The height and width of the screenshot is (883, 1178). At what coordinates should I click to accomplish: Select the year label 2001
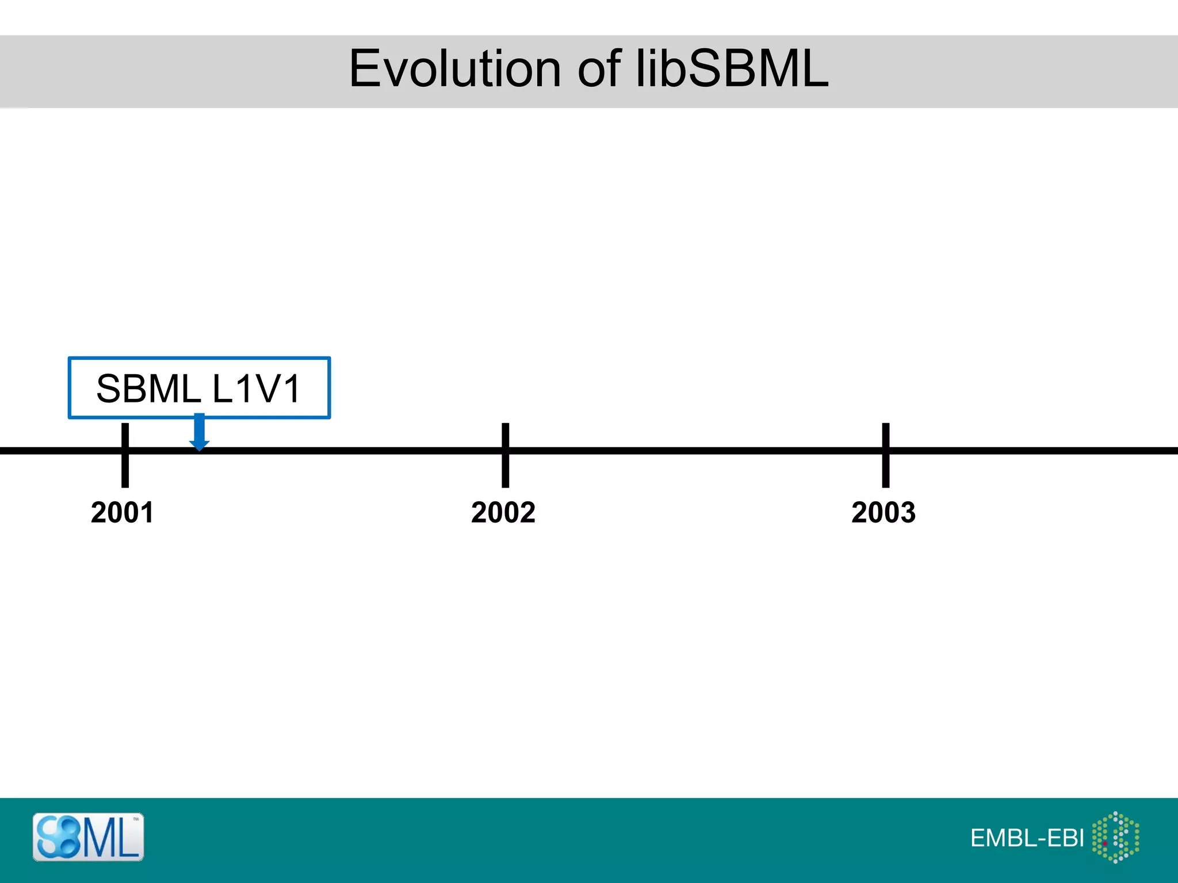click(123, 512)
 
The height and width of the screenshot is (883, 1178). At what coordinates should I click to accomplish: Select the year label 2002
click(503, 512)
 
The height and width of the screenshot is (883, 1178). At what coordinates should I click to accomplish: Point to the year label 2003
click(883, 512)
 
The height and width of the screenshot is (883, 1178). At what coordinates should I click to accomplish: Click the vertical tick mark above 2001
click(125, 455)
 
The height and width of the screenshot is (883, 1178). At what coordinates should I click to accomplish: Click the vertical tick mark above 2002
click(505, 455)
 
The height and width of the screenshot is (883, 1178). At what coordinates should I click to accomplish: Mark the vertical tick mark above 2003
click(886, 455)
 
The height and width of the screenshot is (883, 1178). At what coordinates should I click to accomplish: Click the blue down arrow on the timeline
click(199, 432)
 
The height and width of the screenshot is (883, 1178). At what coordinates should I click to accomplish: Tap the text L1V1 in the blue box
click(257, 389)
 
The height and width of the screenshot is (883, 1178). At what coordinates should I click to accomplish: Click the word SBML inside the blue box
click(148, 389)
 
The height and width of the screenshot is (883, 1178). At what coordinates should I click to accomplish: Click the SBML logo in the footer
click(88, 837)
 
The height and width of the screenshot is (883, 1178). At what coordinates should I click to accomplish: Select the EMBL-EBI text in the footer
click(1027, 838)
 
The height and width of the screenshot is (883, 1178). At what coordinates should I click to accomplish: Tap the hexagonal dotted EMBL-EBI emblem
click(1116, 837)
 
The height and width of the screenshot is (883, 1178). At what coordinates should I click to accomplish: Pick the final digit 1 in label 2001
click(147, 512)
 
